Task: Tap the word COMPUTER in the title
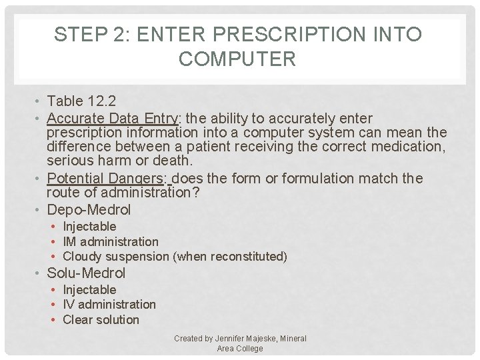237,59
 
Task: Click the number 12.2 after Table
101,101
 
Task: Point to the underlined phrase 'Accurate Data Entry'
113,119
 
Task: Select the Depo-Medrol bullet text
89,210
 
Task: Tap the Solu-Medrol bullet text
86,273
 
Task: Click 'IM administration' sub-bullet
111,241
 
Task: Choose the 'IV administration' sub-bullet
109,305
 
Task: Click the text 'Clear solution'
101,320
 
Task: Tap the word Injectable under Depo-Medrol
89,227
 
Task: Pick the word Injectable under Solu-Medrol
89,290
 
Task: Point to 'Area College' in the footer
240,349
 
